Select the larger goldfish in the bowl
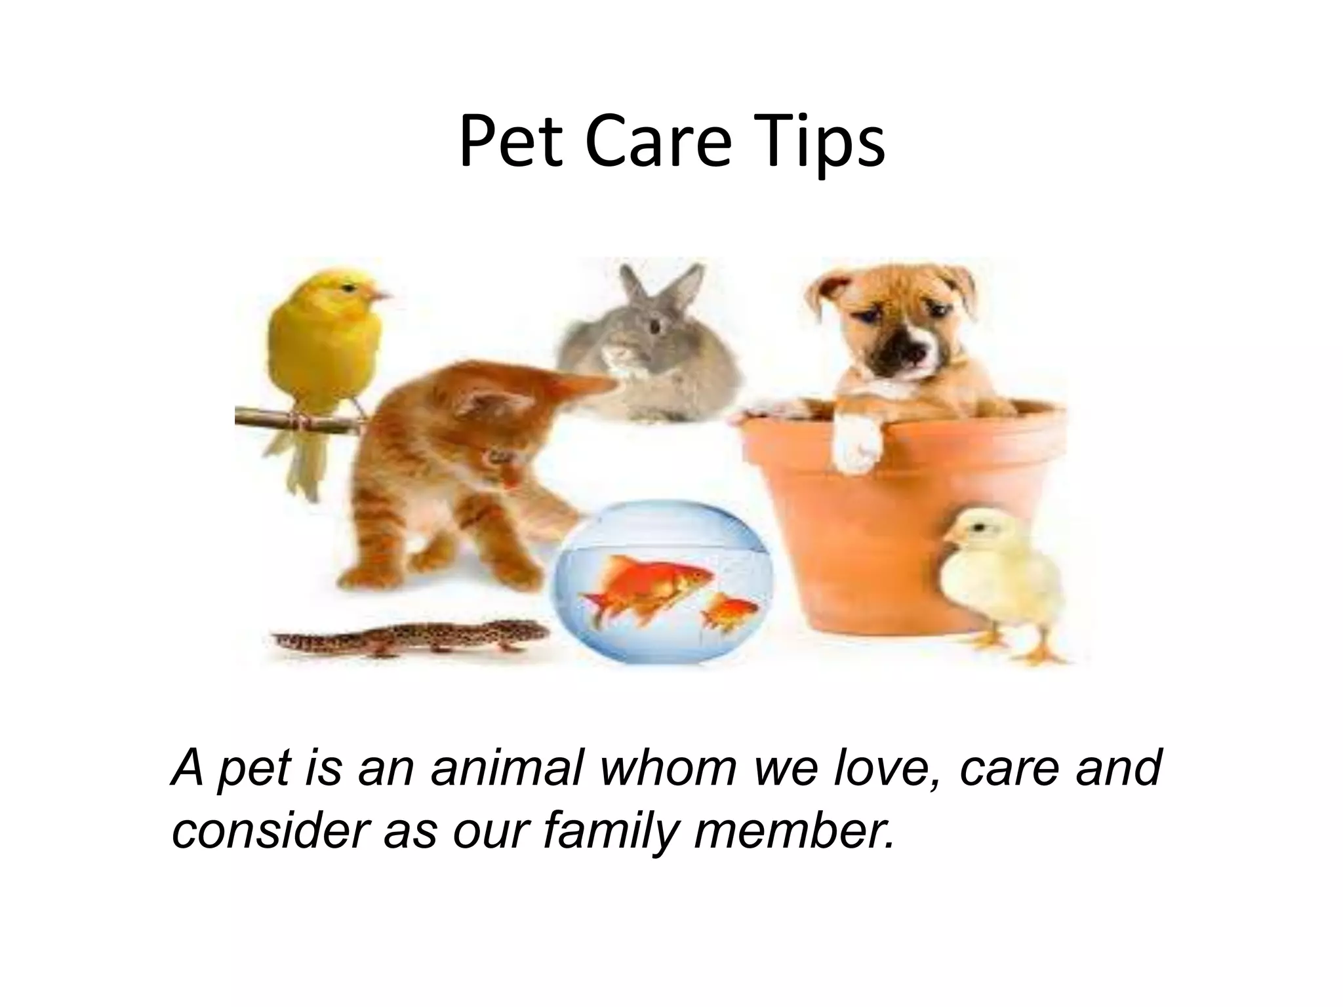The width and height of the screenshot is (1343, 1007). click(x=649, y=583)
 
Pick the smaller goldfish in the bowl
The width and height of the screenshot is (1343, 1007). click(x=729, y=610)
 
